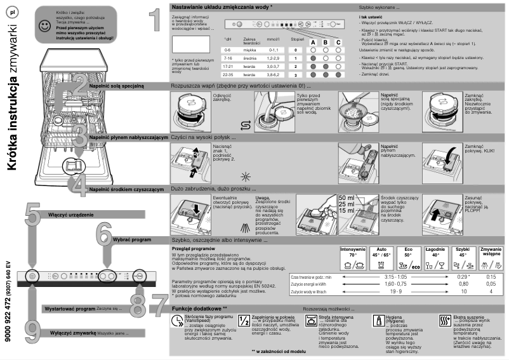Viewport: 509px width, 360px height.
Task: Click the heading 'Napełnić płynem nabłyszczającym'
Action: click(128, 137)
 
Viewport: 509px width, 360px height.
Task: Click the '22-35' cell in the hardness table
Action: click(228, 74)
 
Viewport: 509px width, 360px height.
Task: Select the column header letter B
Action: click(326, 42)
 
